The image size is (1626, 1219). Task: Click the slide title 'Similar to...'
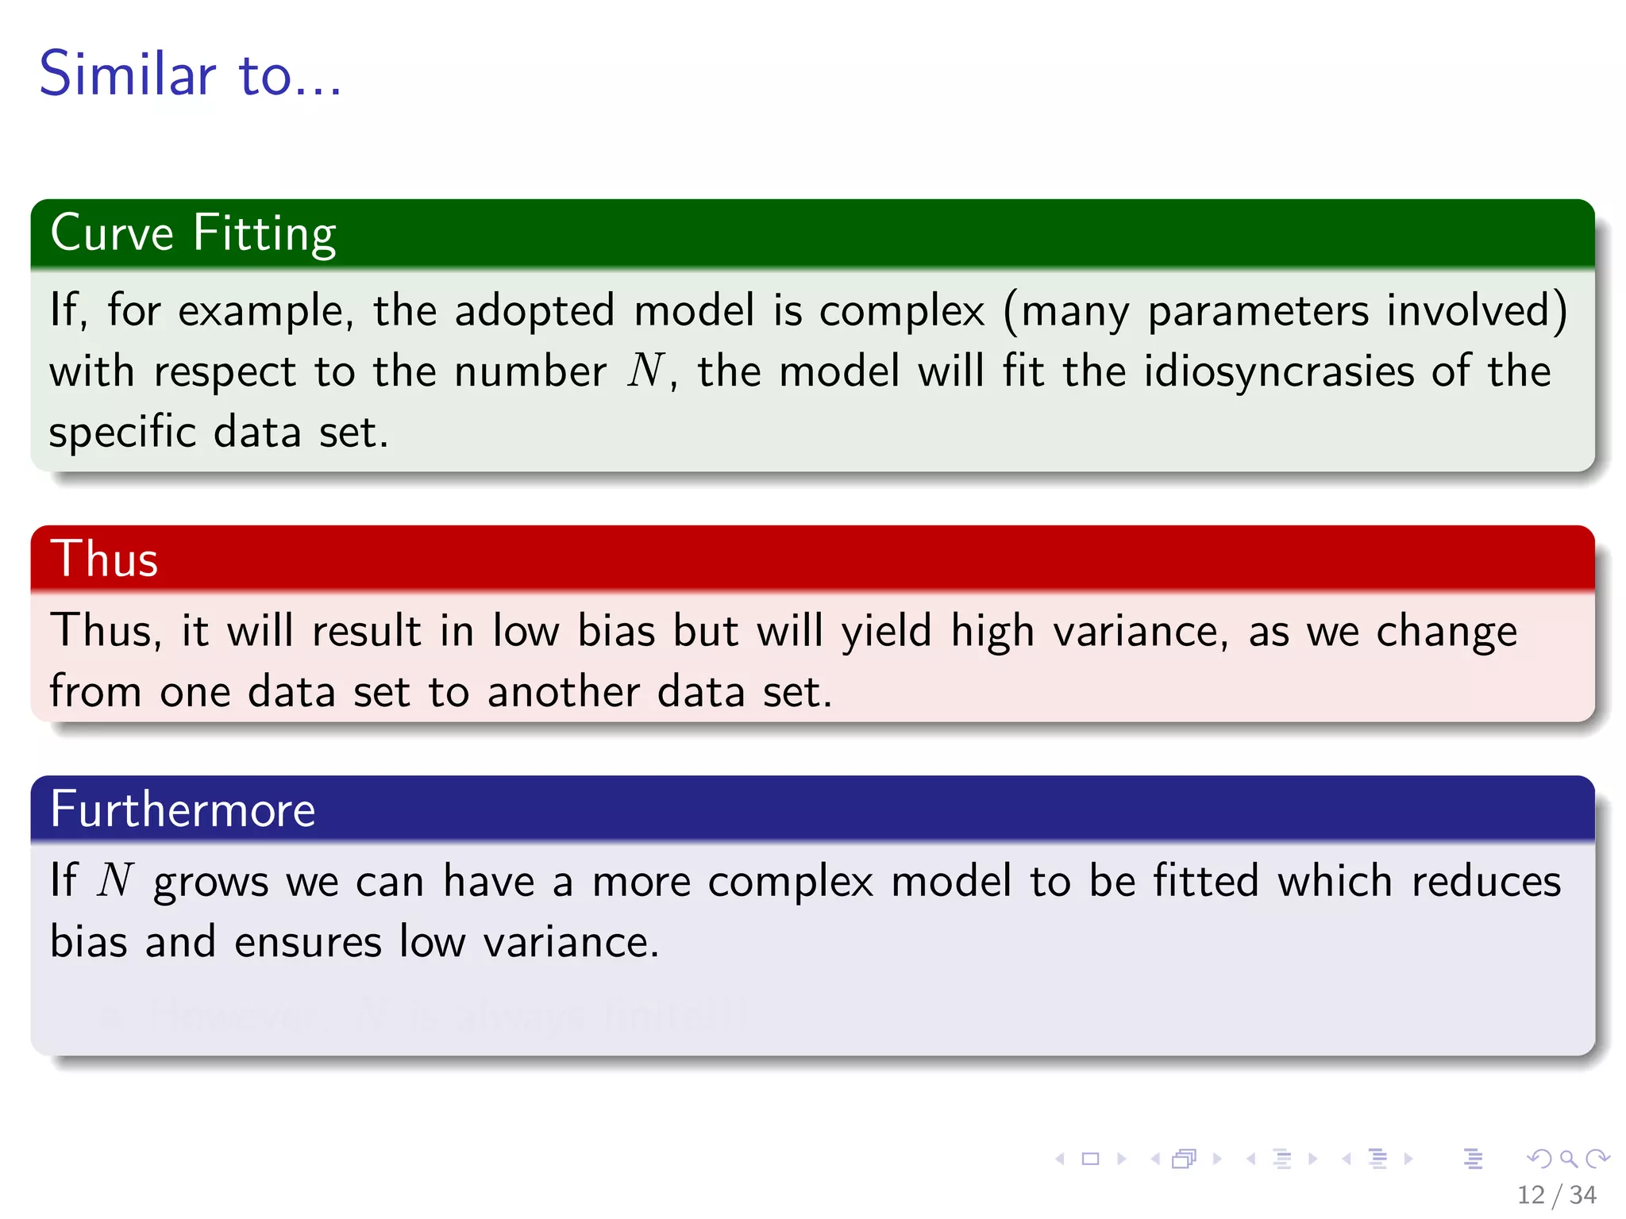point(191,74)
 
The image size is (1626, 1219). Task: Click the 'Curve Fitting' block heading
point(193,233)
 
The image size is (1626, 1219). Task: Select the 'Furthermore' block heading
point(183,809)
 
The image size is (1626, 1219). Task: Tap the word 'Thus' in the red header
point(104,559)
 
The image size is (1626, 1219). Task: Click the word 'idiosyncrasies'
point(1278,371)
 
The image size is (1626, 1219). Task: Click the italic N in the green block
point(645,371)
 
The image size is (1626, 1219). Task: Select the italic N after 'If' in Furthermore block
point(116,881)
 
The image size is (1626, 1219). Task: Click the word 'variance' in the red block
point(1139,632)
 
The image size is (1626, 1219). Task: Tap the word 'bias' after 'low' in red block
point(616,632)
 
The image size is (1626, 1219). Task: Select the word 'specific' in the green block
point(122,433)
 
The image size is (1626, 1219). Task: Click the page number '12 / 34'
point(1556,1194)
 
